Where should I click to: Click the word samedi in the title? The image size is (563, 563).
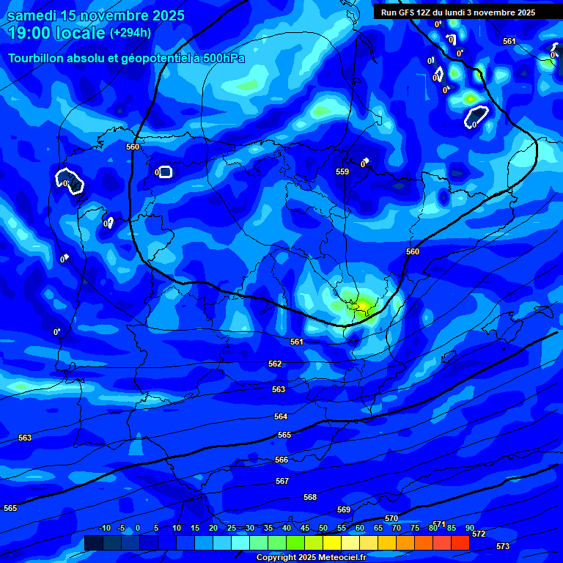pyautogui.click(x=34, y=15)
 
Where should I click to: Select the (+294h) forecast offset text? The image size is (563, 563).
pyautogui.click(x=130, y=33)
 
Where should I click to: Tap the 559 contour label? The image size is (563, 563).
pyautogui.click(x=342, y=172)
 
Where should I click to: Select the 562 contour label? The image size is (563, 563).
pyautogui.click(x=275, y=364)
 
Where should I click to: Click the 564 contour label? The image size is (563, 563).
pyautogui.click(x=281, y=416)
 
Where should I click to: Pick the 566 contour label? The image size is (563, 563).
pyautogui.click(x=281, y=460)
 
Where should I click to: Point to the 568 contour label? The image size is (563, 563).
pyautogui.click(x=310, y=497)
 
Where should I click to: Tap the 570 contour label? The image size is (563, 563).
pyautogui.click(x=391, y=518)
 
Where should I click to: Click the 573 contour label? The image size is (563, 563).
pyautogui.click(x=502, y=546)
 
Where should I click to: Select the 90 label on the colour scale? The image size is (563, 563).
pyautogui.click(x=469, y=528)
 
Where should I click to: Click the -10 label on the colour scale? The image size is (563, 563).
pyautogui.click(x=105, y=528)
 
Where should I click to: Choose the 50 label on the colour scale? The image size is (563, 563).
pyautogui.click(x=323, y=528)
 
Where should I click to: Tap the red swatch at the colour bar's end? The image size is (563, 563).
pyautogui.click(x=460, y=542)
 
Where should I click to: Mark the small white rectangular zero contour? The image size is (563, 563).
pyautogui.click(x=165, y=172)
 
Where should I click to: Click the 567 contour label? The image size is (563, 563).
pyautogui.click(x=282, y=481)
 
